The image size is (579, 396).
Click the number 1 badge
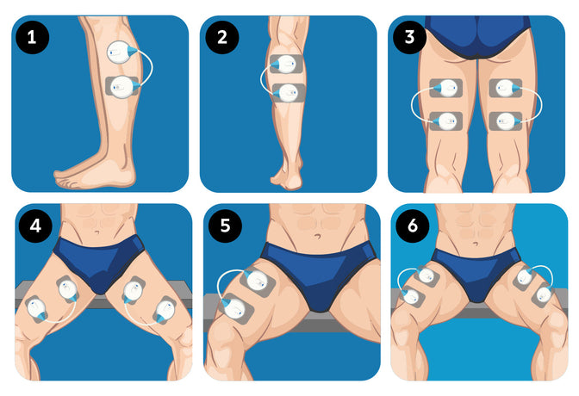[32, 37]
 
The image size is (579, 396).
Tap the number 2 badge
[222, 37]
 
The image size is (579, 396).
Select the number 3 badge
[409, 37]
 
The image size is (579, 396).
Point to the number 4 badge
[35, 226]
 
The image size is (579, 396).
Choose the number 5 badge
[225, 226]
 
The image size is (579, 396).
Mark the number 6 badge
[413, 226]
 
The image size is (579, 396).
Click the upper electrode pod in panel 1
[121, 52]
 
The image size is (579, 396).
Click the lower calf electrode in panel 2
[289, 93]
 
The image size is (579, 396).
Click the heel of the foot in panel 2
[292, 182]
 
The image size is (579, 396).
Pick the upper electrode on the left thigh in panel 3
[445, 88]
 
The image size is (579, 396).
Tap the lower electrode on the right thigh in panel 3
[506, 121]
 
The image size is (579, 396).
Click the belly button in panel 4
[96, 232]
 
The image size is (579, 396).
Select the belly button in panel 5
[318, 236]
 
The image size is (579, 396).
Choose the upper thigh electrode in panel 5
[257, 282]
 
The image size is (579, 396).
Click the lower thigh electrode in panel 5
[235, 309]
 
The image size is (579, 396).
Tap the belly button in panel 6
[476, 244]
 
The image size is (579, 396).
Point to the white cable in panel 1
[152, 66]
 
